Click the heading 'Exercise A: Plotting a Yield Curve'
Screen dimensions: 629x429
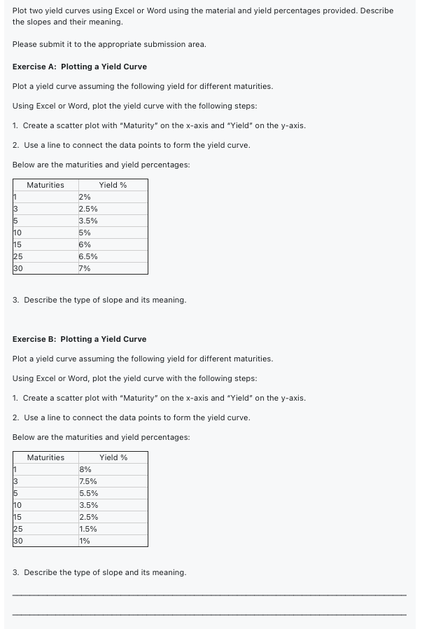pyautogui.click(x=80, y=67)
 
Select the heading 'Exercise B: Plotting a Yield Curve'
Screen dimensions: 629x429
pyautogui.click(x=80, y=339)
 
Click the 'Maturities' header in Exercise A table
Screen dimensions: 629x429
pyautogui.click(x=45, y=185)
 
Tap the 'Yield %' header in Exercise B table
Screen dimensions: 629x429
pyautogui.click(x=113, y=457)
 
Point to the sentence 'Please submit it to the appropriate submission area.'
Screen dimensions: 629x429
pyautogui.click(x=109, y=44)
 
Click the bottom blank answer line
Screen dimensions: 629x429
pyautogui.click(x=210, y=615)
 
